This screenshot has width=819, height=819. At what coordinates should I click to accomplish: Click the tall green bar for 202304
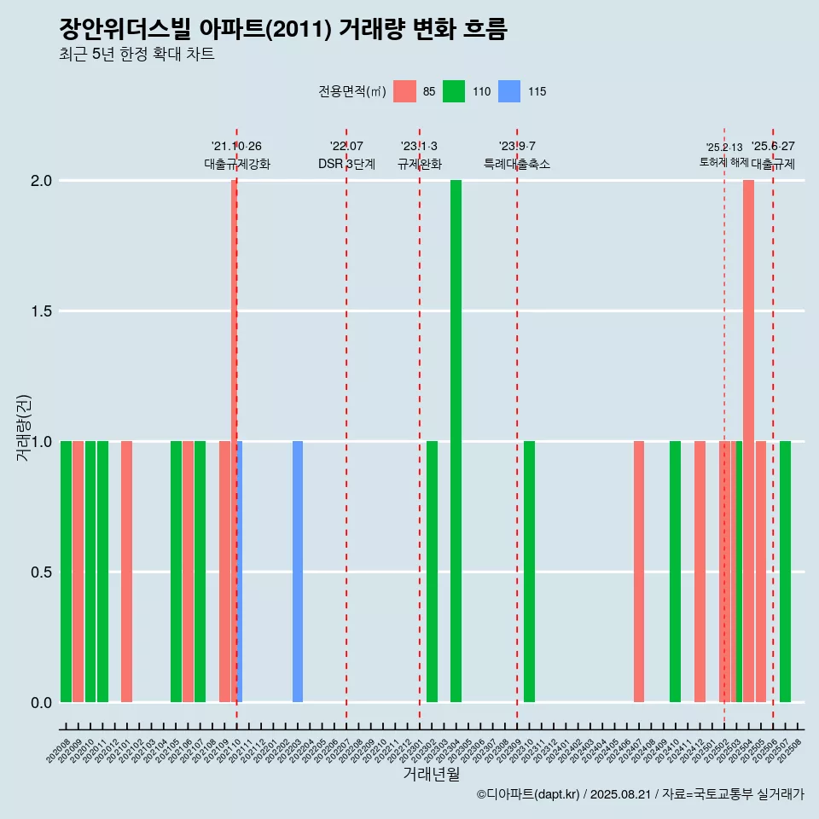[456, 441]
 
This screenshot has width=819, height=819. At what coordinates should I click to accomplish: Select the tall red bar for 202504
[748, 441]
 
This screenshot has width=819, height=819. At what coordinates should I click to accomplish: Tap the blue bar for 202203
[298, 572]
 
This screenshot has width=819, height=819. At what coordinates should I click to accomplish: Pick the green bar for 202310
[529, 572]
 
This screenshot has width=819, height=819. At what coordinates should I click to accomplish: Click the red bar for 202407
[639, 572]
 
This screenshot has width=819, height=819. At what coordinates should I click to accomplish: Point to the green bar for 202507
[785, 572]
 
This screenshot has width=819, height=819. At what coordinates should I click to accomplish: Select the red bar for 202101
[126, 572]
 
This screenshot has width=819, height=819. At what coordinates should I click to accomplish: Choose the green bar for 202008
[66, 572]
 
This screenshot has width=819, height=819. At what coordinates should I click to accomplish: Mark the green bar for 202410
[675, 572]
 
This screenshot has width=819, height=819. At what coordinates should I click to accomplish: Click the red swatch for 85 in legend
[404, 91]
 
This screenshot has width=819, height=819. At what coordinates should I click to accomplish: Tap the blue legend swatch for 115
[509, 91]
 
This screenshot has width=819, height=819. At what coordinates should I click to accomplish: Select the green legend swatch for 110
[454, 91]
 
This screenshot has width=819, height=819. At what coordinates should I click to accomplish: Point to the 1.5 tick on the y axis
[40, 311]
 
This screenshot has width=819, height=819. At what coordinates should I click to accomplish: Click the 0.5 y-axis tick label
[40, 572]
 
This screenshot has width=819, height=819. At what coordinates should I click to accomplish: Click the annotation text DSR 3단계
[346, 164]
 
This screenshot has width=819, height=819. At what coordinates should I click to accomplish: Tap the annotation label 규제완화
[419, 164]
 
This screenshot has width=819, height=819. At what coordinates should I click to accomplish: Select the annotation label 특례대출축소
[517, 164]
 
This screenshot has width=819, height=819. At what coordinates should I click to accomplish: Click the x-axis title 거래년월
[431, 775]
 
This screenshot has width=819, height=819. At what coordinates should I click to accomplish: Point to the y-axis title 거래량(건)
[24, 427]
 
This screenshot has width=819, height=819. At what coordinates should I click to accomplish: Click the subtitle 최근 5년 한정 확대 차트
[136, 55]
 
